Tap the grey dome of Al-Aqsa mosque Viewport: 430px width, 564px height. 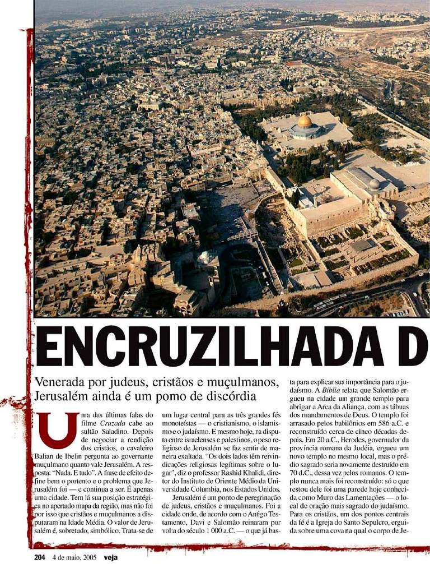(374, 184)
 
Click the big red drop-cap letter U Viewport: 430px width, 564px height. (63, 429)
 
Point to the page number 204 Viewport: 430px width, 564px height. (39, 557)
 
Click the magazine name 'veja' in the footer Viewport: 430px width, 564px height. (124, 557)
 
